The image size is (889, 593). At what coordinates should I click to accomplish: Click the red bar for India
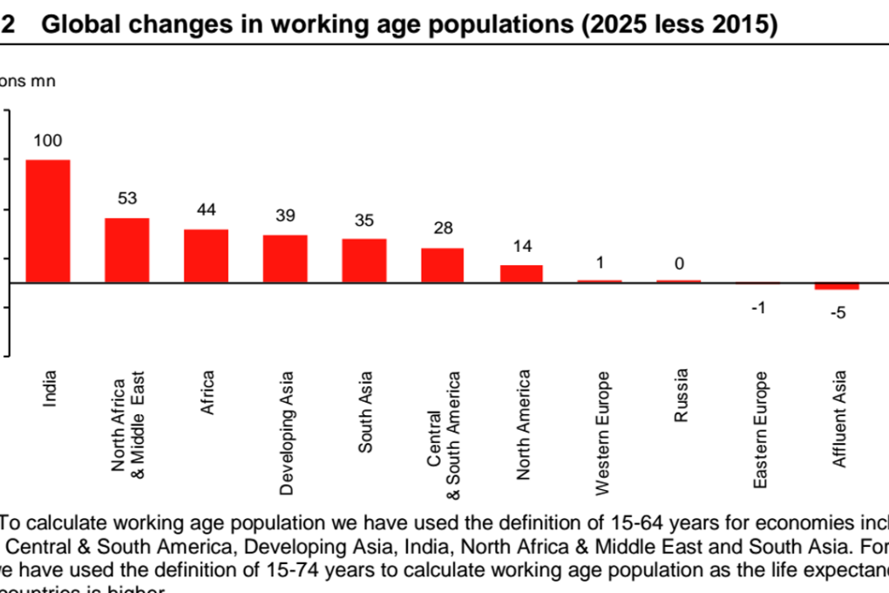pos(48,222)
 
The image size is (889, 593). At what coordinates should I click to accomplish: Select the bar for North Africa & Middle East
pos(127,250)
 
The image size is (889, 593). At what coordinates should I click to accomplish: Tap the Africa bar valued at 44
pos(206,256)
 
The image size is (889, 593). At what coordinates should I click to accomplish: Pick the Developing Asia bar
pos(285,259)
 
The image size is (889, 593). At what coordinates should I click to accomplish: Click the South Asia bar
pos(363,261)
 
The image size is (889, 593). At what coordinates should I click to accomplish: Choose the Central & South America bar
pos(443,265)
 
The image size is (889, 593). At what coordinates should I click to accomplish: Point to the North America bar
pos(521,274)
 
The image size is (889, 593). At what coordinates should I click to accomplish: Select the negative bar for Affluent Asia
pos(837,286)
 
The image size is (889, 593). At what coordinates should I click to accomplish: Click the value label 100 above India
pos(48,140)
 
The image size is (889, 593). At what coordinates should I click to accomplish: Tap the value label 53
pos(127,199)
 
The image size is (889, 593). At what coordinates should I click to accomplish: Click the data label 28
pos(443,228)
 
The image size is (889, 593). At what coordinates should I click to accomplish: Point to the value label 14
pos(521,246)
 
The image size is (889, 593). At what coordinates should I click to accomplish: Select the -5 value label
pos(837,313)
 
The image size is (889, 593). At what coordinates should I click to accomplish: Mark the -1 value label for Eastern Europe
pos(758,308)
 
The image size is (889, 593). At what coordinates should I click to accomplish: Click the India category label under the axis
pos(50,389)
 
